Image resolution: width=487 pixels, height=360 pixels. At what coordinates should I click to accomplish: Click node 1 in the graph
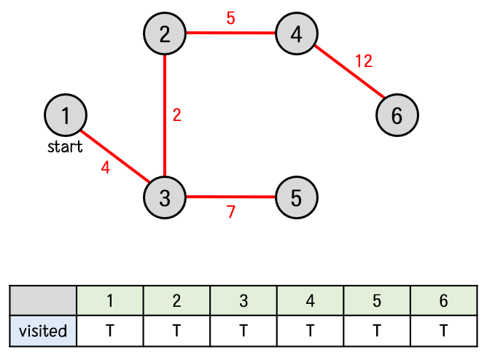pyautogui.click(x=66, y=115)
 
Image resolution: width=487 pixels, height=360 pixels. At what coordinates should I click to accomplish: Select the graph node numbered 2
pyautogui.click(x=165, y=34)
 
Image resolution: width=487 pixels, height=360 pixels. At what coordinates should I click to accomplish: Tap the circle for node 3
pyautogui.click(x=165, y=197)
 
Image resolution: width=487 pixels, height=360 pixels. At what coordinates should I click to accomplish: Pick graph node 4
pyautogui.click(x=295, y=34)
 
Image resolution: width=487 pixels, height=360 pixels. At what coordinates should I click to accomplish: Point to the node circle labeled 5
pyautogui.click(x=296, y=197)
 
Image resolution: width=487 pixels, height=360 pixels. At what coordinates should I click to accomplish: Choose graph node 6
pyautogui.click(x=397, y=115)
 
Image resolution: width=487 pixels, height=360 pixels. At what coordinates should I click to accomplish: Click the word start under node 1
pyautogui.click(x=65, y=148)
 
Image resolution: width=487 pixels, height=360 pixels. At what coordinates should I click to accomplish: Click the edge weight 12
pyautogui.click(x=364, y=61)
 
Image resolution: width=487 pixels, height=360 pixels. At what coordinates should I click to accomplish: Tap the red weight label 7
pyautogui.click(x=231, y=213)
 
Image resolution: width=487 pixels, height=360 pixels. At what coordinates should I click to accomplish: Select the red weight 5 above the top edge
pyautogui.click(x=230, y=18)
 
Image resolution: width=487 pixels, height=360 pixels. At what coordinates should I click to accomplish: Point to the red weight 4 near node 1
pyautogui.click(x=106, y=168)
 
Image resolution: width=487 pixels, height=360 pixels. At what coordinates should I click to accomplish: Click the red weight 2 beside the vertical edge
pyautogui.click(x=176, y=115)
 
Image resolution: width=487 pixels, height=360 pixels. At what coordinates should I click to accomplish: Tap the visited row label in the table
pyautogui.click(x=43, y=331)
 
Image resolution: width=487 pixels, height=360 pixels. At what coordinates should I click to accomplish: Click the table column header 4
pyautogui.click(x=310, y=301)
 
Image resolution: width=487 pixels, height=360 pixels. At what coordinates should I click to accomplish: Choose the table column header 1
pyautogui.click(x=110, y=301)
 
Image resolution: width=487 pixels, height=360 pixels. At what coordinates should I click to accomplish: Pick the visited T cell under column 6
pyautogui.click(x=443, y=331)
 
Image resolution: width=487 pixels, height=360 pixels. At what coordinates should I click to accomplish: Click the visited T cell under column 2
pyautogui.click(x=176, y=331)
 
